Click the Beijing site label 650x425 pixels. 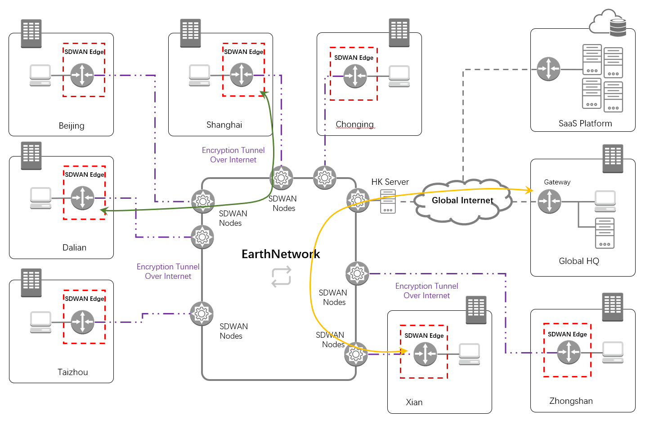click(x=72, y=126)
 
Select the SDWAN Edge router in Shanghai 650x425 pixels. click(x=242, y=75)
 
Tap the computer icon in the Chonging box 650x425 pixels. click(x=399, y=76)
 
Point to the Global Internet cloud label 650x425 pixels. click(x=462, y=201)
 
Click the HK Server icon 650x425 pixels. click(x=388, y=201)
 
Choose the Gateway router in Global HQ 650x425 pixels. click(x=549, y=201)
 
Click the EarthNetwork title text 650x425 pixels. click(x=281, y=254)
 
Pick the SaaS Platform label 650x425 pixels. click(x=585, y=124)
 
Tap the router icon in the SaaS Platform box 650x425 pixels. click(x=548, y=69)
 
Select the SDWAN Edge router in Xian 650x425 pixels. click(x=425, y=354)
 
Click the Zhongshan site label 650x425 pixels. click(x=571, y=401)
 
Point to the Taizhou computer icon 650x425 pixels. click(x=40, y=322)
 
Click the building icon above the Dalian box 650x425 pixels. click(x=31, y=156)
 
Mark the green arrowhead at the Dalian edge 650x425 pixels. click(x=103, y=210)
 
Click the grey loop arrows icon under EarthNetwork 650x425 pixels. click(x=281, y=276)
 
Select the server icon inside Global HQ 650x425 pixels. click(x=605, y=233)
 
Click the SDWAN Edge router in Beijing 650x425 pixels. click(x=82, y=75)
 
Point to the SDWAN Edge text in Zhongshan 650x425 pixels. click(x=567, y=334)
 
